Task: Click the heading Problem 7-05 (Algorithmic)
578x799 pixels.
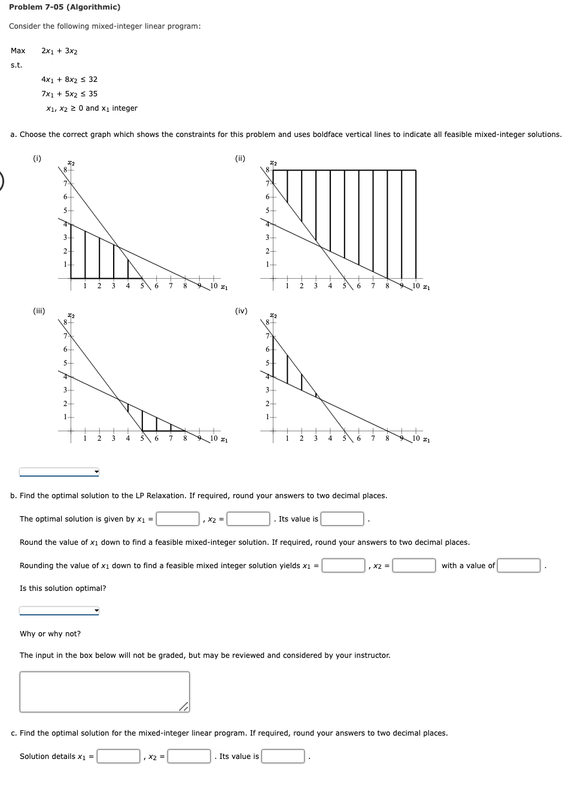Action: (65, 7)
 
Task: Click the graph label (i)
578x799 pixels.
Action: (37, 158)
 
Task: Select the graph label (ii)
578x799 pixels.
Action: (240, 158)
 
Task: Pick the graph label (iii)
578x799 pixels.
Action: (39, 311)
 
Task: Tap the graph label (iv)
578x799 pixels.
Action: (241, 311)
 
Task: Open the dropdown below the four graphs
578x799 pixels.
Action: (59, 472)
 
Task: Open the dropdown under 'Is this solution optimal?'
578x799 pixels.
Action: (59, 611)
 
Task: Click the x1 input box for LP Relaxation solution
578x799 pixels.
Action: (178, 519)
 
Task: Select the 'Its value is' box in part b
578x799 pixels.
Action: (342, 519)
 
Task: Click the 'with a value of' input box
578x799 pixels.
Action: (519, 566)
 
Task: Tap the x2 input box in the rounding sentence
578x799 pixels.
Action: (414, 566)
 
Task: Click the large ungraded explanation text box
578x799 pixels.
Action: (104, 691)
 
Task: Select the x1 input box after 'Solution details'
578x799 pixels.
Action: (118, 757)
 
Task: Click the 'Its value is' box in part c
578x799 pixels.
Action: (283, 757)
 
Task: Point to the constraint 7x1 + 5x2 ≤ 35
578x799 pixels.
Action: (69, 94)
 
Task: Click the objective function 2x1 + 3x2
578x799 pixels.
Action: (59, 51)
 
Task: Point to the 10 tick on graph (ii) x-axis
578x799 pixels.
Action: (416, 286)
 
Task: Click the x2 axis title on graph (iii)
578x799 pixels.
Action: (71, 315)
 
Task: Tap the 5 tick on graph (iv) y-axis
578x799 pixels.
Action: (267, 363)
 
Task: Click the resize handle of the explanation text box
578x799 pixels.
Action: (184, 707)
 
